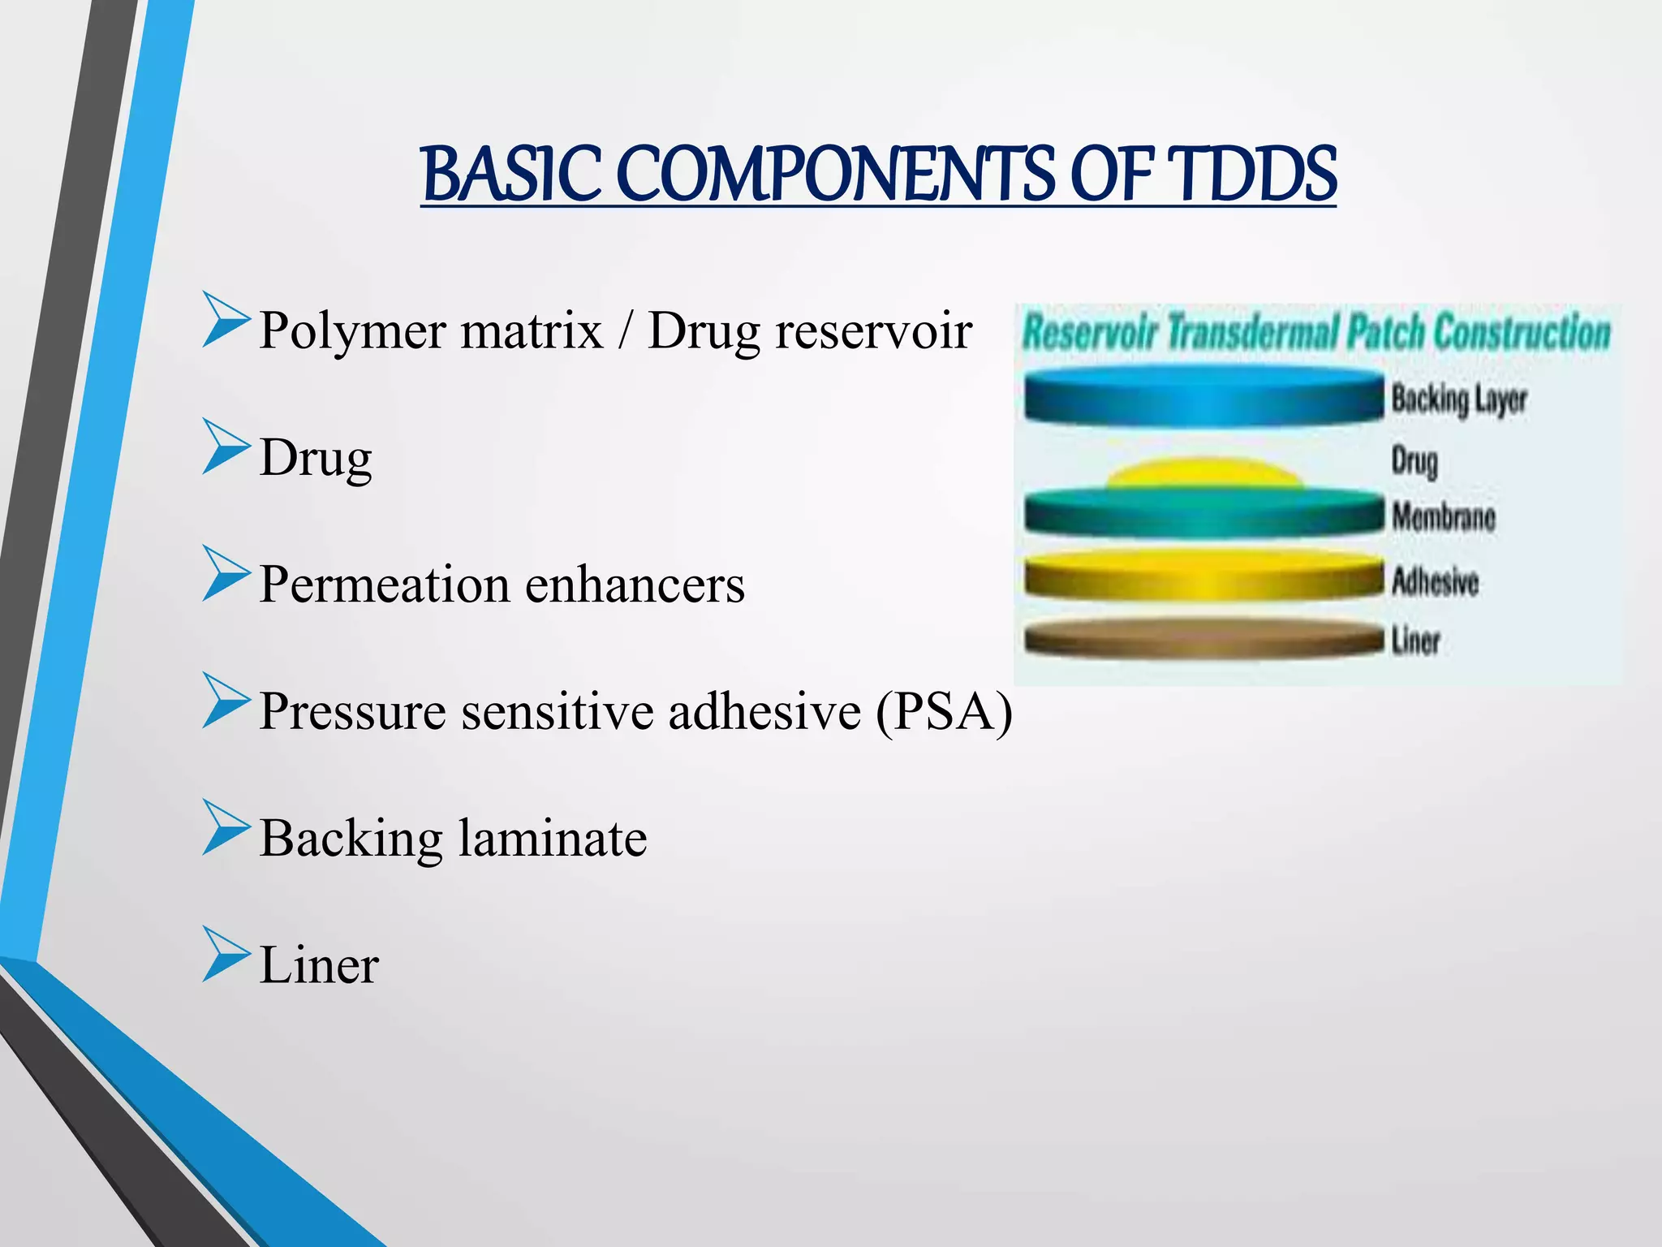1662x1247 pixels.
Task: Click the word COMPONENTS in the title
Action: point(836,175)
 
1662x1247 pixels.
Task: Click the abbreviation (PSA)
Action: point(944,712)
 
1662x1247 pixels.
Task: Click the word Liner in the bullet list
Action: point(319,965)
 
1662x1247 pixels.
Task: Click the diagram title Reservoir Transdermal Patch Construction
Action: point(1315,333)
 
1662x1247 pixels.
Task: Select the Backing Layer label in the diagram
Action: point(1458,399)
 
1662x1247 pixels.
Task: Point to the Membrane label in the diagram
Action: point(1443,516)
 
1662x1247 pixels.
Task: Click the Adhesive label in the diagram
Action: point(1434,581)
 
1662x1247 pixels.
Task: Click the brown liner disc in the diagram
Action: point(1203,637)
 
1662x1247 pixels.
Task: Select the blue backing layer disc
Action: point(1203,397)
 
